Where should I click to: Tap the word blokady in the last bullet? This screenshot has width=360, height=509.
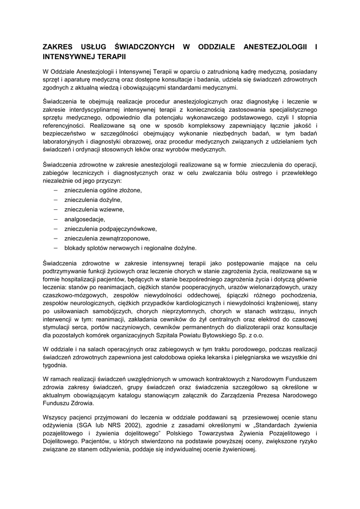pos(75,248)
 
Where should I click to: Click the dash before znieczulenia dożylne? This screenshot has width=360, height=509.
pos(55,200)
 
